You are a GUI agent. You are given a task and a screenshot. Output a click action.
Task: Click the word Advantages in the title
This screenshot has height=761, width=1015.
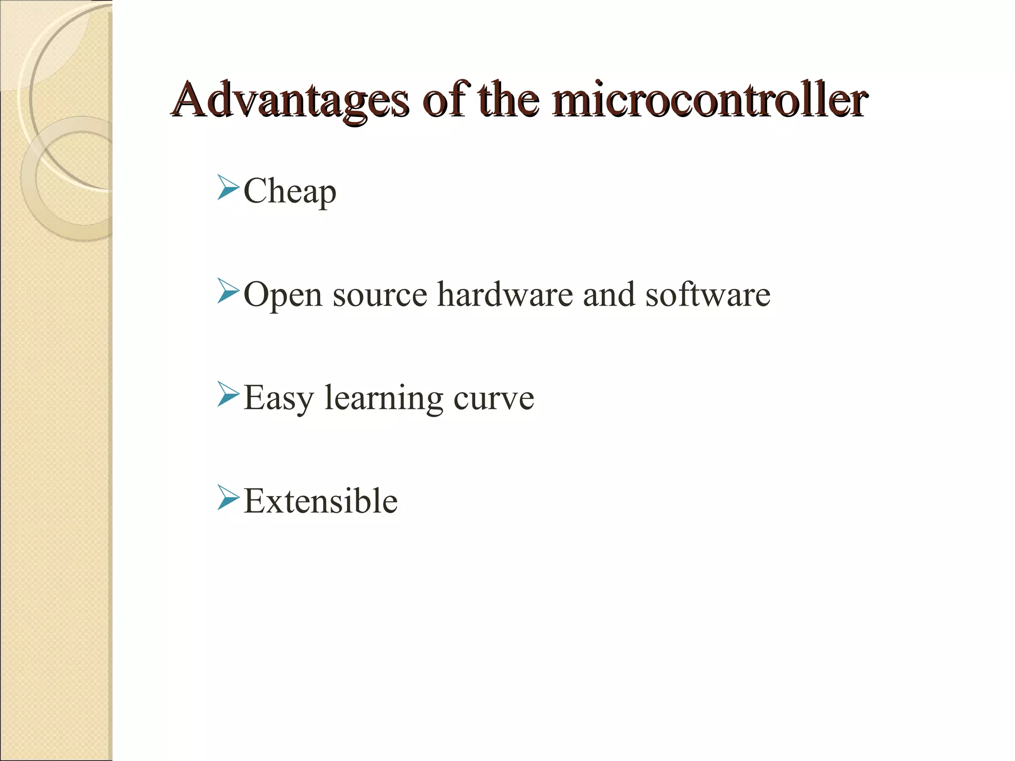point(290,101)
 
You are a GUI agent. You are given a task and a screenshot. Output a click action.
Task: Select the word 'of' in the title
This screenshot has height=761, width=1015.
point(444,101)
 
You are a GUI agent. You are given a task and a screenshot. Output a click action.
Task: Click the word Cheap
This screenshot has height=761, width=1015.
point(290,192)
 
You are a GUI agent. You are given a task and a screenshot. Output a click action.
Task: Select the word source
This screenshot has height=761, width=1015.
point(380,295)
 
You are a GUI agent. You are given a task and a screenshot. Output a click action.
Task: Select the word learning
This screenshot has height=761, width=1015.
point(384,399)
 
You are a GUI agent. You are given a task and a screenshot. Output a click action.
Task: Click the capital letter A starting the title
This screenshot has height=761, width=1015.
point(191,101)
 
